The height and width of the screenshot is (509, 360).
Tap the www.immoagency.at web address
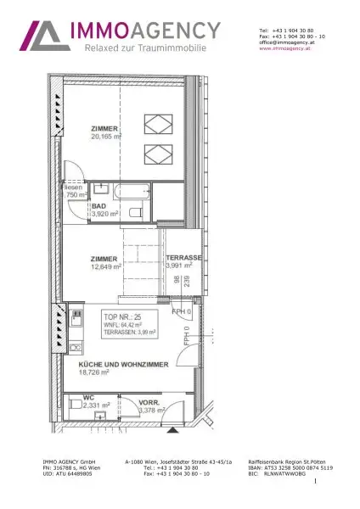[x=282, y=48]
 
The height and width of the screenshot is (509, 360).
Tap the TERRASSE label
[x=183, y=257]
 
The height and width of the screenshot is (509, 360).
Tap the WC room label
[x=88, y=398]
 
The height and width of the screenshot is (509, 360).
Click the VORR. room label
[x=149, y=403]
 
